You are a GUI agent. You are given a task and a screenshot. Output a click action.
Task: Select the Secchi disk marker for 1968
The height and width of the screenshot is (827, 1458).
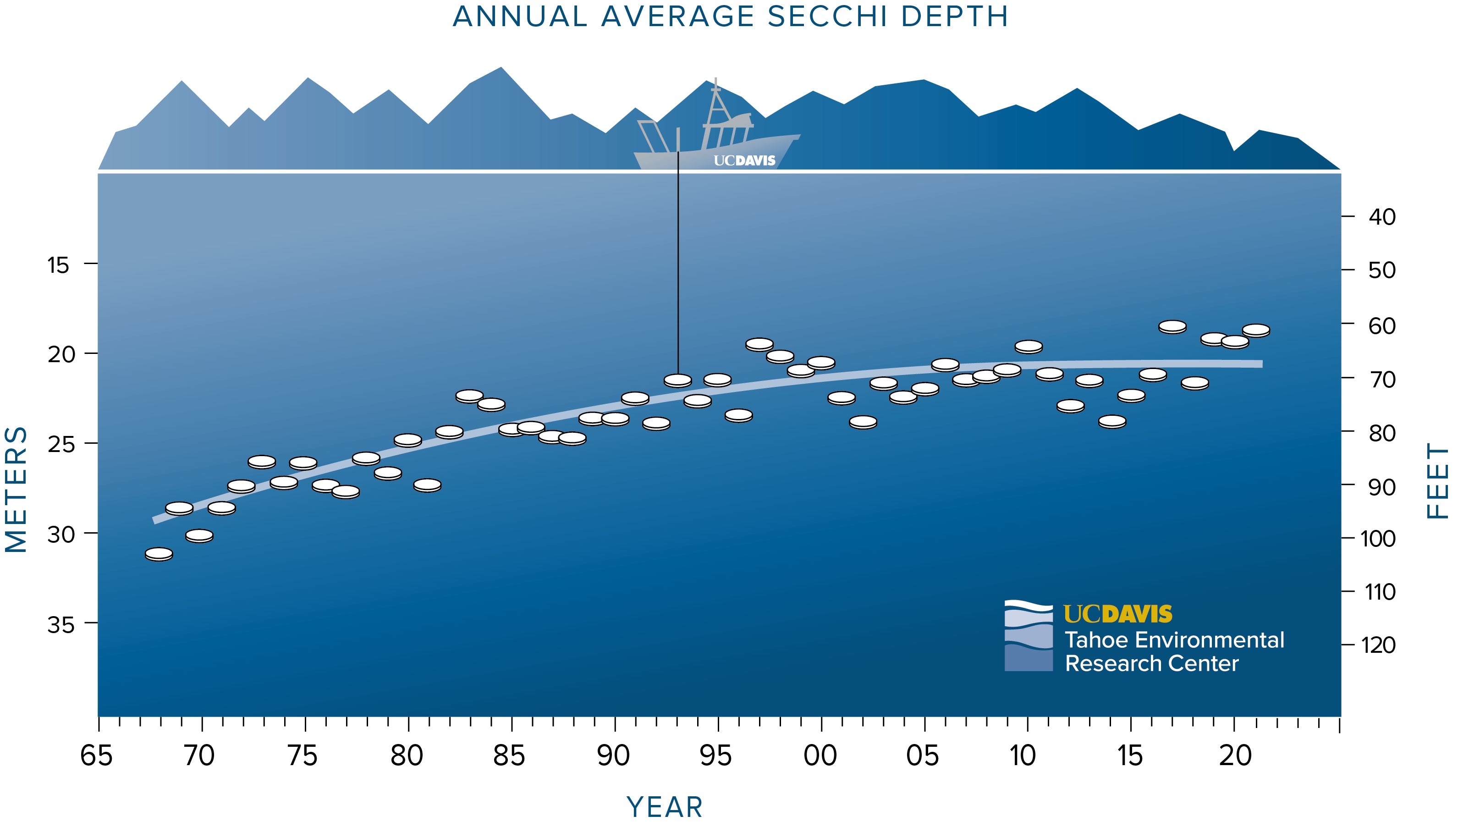pos(159,554)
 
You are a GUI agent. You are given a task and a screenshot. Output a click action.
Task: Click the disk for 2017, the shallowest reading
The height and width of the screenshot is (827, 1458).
pos(1172,326)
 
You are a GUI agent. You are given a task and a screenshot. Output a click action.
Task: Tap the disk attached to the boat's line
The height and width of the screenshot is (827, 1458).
pos(678,380)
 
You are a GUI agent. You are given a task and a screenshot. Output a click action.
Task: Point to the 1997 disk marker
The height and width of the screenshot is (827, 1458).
pos(759,344)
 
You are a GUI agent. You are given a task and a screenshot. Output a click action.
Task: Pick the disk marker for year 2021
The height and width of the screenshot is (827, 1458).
pos(1256,330)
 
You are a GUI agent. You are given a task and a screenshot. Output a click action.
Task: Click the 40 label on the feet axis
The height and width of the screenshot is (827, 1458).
pos(1382,217)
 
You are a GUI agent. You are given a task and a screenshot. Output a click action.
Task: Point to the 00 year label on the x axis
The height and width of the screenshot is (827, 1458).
pos(820,756)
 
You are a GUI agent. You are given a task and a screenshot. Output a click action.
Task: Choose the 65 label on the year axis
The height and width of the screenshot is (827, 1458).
pos(97,756)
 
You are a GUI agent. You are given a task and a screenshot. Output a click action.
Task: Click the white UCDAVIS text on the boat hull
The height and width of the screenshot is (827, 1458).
pos(744,161)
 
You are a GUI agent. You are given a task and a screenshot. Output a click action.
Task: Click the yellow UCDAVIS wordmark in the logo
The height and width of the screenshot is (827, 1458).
pos(1117,614)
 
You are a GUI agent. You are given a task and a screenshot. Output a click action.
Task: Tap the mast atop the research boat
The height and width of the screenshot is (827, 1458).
pos(716,99)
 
